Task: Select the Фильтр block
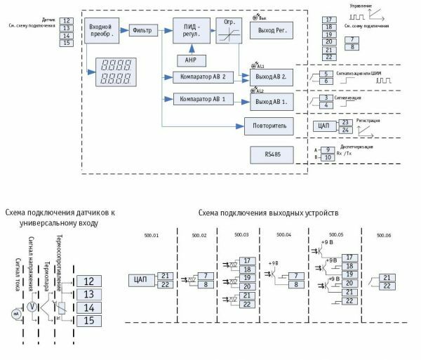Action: [144, 31]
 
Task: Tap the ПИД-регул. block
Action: [187, 31]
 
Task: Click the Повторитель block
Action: [267, 127]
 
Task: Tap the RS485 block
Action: [267, 154]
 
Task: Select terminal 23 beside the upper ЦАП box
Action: [345, 122]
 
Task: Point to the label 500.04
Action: [283, 235]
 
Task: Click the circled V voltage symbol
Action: [31, 307]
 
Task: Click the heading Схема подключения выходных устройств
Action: [269, 213]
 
